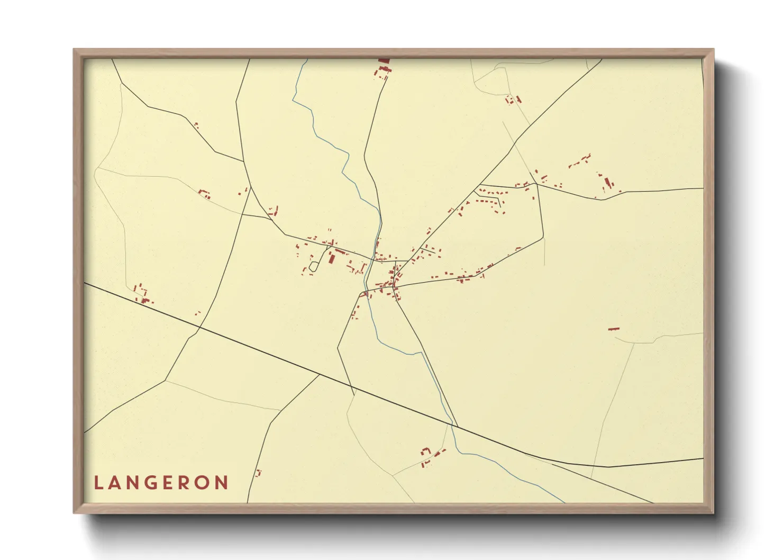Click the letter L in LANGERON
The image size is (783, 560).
tap(98, 483)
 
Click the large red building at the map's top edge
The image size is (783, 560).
tap(384, 61)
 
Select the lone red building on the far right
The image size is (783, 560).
tap(613, 329)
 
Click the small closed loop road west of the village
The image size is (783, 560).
tap(313, 266)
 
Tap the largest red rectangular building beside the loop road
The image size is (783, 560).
tap(331, 258)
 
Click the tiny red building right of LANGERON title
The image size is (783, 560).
tap(258, 473)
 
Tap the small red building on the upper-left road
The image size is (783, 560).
tap(196, 125)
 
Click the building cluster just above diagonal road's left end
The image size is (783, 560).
tap(142, 294)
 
